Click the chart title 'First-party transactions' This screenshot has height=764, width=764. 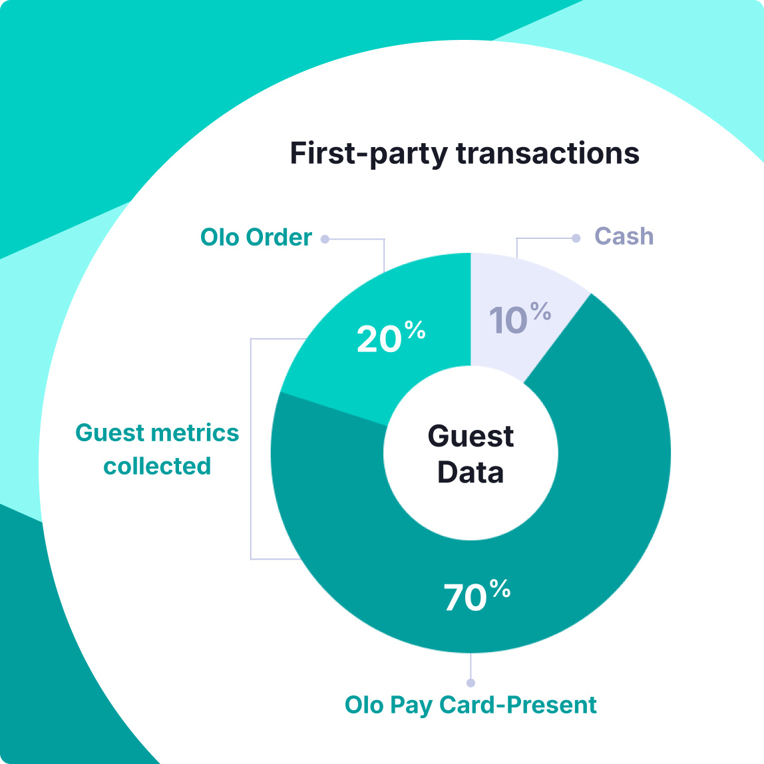point(465,153)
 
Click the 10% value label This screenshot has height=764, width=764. point(520,319)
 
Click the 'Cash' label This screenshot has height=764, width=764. point(624,236)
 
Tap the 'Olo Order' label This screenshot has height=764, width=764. point(256,238)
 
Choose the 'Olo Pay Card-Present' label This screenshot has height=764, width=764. point(471,705)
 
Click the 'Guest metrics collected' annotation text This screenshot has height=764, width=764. point(157,449)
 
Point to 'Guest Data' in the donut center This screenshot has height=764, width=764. point(471,454)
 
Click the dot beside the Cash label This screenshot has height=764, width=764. point(576,238)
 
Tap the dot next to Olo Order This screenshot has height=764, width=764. point(325,239)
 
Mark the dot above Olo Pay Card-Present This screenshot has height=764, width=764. point(471,683)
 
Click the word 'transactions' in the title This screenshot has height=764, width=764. point(548,153)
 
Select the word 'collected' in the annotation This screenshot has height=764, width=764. point(157,466)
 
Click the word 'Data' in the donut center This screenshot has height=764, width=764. point(471,472)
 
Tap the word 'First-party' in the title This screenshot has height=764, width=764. point(369,153)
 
